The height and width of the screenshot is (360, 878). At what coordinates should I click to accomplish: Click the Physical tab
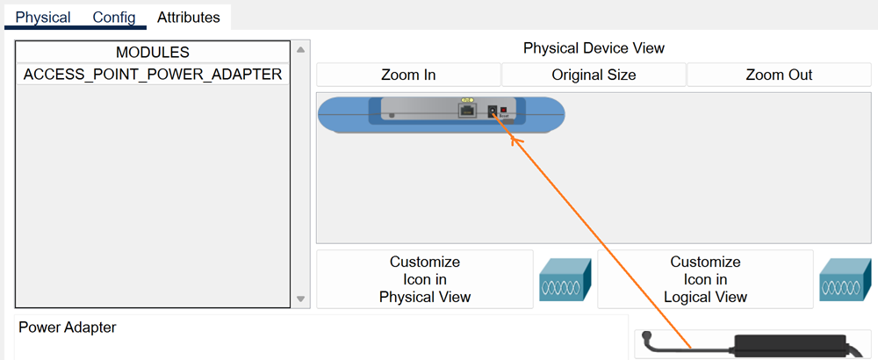[43, 18]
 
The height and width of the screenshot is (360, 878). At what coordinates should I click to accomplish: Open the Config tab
[114, 18]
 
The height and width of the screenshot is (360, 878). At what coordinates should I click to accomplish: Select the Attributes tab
[189, 18]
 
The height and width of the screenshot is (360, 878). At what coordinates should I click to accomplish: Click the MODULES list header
[153, 53]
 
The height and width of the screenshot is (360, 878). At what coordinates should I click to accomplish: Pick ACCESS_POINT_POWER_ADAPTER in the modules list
[153, 75]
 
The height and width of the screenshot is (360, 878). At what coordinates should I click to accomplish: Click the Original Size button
[594, 75]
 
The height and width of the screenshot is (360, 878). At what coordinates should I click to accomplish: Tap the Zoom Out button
[779, 75]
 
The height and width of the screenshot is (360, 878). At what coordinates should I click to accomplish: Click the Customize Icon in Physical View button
[425, 279]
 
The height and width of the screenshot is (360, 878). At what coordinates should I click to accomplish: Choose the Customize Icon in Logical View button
[705, 279]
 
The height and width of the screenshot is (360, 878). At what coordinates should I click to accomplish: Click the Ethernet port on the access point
[467, 110]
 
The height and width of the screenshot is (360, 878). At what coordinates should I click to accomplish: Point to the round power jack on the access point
[493, 112]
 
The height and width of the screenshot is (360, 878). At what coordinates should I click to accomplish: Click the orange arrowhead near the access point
[515, 138]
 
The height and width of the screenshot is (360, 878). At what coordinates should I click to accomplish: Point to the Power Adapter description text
[68, 328]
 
